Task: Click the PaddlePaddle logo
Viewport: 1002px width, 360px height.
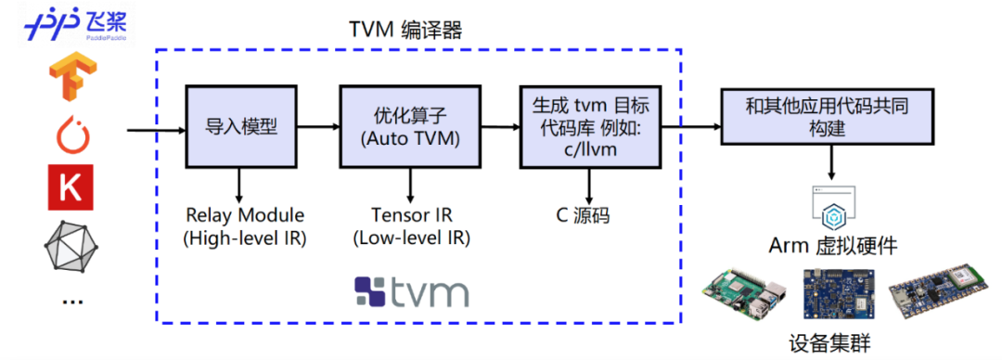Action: [x=75, y=22]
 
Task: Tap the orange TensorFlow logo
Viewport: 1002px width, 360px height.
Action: [x=70, y=78]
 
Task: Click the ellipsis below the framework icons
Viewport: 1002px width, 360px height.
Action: [x=70, y=299]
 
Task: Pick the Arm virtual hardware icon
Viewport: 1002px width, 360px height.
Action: [x=832, y=207]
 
